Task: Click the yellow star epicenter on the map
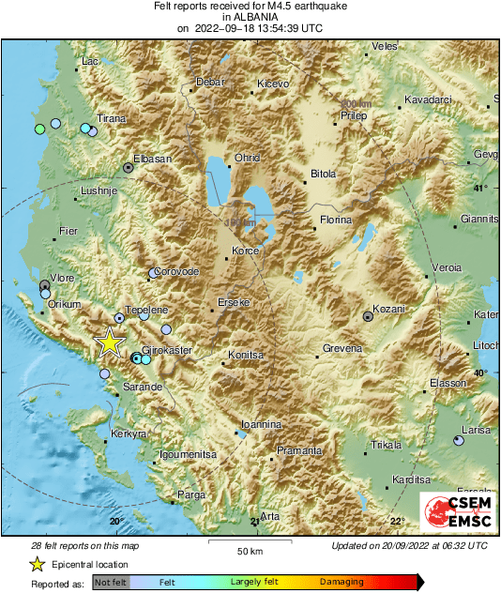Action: pyautogui.click(x=111, y=342)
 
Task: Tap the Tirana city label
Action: pyautogui.click(x=112, y=119)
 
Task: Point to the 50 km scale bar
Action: pyautogui.click(x=248, y=541)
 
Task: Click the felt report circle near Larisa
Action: pyautogui.click(x=459, y=440)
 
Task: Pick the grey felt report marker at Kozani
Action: pyautogui.click(x=368, y=318)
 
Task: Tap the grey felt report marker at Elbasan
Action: pyautogui.click(x=129, y=168)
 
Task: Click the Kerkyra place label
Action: pyautogui.click(x=129, y=434)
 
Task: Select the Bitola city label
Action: pyautogui.click(x=323, y=175)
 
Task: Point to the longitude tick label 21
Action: pyautogui.click(x=254, y=522)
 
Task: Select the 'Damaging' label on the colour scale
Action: pyautogui.click(x=342, y=583)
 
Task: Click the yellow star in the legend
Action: pyautogui.click(x=37, y=564)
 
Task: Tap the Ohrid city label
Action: pyautogui.click(x=247, y=159)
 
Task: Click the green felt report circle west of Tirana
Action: pyautogui.click(x=39, y=129)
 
